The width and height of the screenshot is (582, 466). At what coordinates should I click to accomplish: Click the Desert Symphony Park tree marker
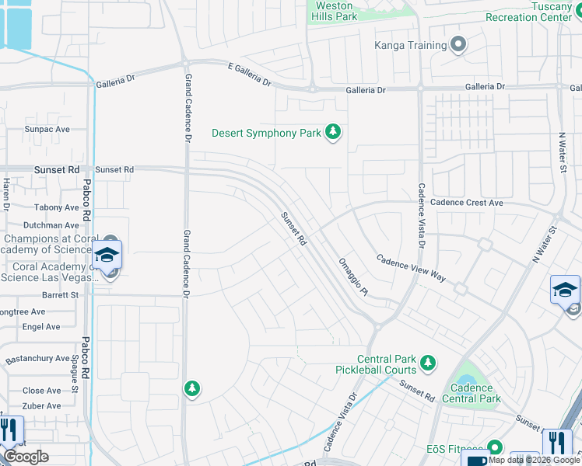click(333, 133)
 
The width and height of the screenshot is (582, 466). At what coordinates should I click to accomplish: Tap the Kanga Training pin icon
click(458, 45)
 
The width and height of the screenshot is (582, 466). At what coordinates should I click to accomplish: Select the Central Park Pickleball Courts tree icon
click(426, 363)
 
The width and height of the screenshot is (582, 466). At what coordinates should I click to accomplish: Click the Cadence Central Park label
click(472, 394)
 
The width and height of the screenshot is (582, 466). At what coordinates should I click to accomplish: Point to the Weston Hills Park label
click(334, 10)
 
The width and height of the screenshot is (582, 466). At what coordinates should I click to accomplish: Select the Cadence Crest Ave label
click(467, 203)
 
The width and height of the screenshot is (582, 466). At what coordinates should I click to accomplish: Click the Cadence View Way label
click(411, 267)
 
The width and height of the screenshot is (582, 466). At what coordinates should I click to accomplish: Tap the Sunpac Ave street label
click(47, 129)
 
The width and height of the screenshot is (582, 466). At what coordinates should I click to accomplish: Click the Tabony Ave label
click(56, 207)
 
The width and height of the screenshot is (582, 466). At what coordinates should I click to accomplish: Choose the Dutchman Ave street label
click(51, 225)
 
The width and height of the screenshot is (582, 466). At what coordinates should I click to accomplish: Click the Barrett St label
click(61, 295)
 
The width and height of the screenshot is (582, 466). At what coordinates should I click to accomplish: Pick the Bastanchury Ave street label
click(38, 359)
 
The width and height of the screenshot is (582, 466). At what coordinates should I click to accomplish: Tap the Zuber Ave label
click(42, 406)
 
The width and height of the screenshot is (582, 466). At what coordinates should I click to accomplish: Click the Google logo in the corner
click(26, 457)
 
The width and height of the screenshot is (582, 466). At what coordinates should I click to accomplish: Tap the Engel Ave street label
click(41, 327)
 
